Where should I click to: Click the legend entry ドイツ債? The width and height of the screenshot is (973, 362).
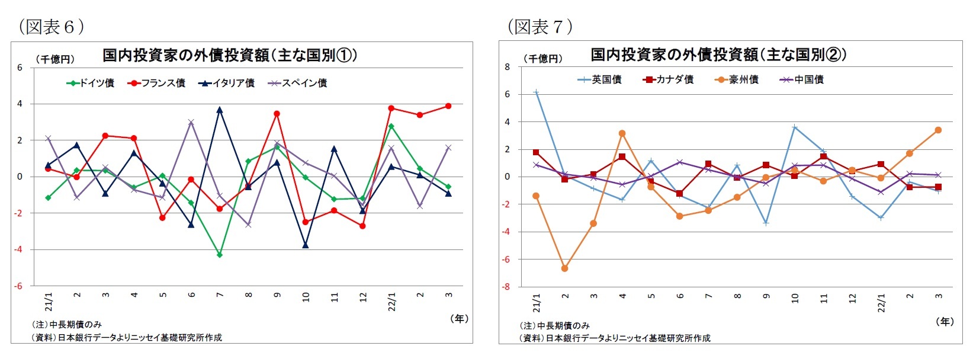(90, 83)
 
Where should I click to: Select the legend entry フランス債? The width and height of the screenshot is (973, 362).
(156, 83)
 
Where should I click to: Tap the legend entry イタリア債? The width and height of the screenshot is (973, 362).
(226, 83)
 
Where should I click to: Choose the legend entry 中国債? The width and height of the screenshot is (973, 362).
(802, 79)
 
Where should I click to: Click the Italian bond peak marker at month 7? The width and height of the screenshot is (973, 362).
(220, 110)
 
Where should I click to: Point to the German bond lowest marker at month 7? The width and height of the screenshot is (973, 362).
(220, 255)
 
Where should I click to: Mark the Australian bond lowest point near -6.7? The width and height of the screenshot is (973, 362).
(565, 268)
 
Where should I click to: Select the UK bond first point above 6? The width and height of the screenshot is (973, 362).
(536, 92)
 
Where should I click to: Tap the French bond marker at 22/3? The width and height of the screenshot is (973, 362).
(448, 106)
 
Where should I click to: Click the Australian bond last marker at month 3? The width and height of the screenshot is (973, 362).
(938, 130)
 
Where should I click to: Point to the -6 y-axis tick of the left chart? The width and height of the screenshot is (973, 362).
(19, 286)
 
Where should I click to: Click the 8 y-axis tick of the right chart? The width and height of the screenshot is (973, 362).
(507, 67)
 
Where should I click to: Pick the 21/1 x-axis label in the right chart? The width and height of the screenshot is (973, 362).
(537, 303)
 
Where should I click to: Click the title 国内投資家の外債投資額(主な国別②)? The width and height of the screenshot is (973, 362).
(718, 55)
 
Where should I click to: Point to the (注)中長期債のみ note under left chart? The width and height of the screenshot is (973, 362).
(66, 325)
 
